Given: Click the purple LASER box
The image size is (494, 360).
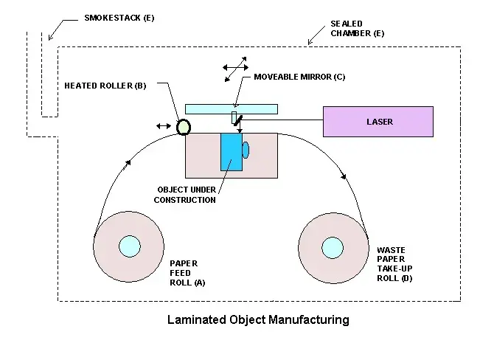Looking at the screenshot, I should (x=378, y=121).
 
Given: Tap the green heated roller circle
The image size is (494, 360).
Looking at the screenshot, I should (x=184, y=127).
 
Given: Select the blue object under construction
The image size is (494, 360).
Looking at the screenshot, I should (x=231, y=153).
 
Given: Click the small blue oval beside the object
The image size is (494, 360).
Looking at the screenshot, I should (x=246, y=150).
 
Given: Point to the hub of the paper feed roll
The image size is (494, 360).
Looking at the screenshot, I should (x=129, y=246).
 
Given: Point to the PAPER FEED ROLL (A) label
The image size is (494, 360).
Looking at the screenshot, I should (x=184, y=272).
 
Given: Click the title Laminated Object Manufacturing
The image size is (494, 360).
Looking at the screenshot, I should (x=258, y=319).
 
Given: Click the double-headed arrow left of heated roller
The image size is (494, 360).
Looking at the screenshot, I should (x=163, y=126).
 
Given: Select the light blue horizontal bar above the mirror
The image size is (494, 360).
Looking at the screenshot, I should (x=231, y=108).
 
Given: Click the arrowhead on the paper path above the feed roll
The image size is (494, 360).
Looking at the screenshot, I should (x=131, y=162).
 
